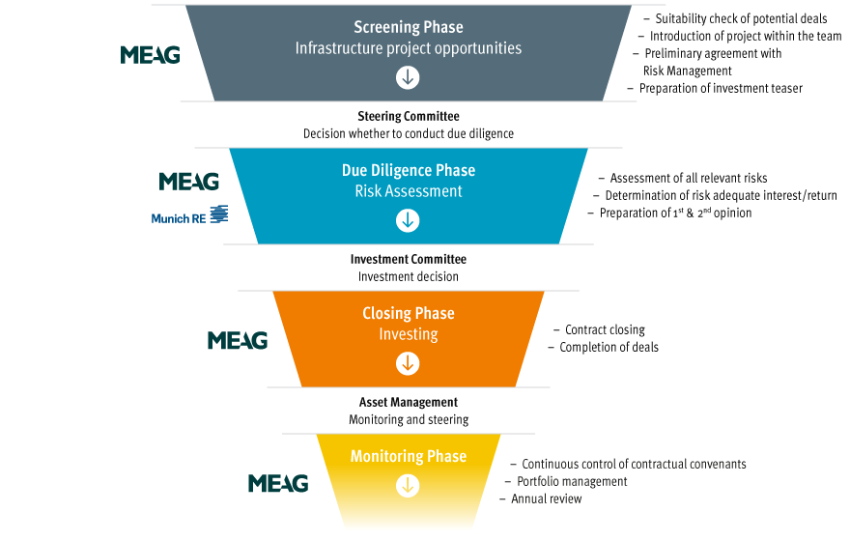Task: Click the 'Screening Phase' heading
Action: [x=408, y=27]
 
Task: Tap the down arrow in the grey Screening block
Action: [x=409, y=77]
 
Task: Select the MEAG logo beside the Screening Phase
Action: [x=150, y=55]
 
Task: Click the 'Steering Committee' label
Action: [x=408, y=117]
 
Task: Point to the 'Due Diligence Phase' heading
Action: [x=409, y=170]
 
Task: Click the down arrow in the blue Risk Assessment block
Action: [x=409, y=220]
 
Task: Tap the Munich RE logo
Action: [x=189, y=216]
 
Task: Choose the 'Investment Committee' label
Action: [x=408, y=259]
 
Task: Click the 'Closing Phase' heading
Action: [x=409, y=313]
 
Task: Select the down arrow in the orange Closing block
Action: [x=409, y=363]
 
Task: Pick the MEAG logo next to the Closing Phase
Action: [x=238, y=340]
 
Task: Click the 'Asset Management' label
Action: [x=409, y=402]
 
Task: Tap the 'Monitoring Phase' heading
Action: [x=409, y=456]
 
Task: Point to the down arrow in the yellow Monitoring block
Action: [x=409, y=486]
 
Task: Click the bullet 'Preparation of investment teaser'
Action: [x=720, y=88]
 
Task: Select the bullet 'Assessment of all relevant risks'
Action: [x=688, y=178]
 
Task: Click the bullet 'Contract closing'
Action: [x=605, y=329]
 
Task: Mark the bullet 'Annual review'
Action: [x=546, y=498]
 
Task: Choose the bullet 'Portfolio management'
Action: [x=572, y=481]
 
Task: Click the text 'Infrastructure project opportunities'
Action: [x=409, y=47]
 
